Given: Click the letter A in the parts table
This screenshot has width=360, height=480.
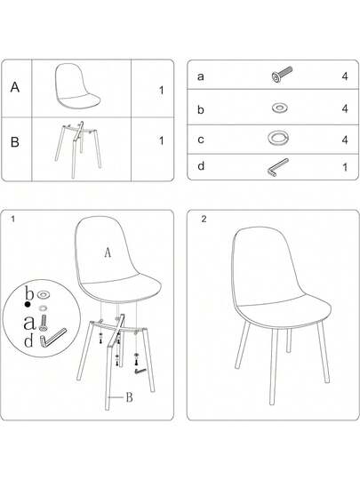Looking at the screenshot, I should pos(15,88).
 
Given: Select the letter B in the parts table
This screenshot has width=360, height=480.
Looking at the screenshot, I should pos(15,140).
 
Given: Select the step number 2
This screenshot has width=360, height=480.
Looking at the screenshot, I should pos(204,220).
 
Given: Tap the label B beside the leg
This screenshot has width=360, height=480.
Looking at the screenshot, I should pos(129,396).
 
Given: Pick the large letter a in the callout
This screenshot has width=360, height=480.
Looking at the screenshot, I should pos(28,321).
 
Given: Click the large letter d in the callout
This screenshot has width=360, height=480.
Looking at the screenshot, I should pos(28,340).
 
